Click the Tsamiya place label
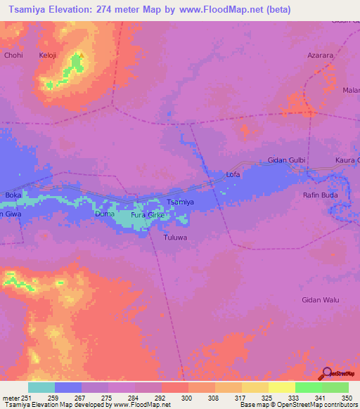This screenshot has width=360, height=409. pyautogui.click(x=179, y=202)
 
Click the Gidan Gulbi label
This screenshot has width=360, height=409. pyautogui.click(x=287, y=160)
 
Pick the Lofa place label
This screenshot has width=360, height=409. pyautogui.click(x=233, y=174)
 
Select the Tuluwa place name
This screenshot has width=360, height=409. pyautogui.click(x=167, y=237)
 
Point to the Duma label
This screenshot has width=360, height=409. pyautogui.click(x=104, y=213)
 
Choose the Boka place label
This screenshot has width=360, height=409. pyautogui.click(x=13, y=195)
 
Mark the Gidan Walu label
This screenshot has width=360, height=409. pyautogui.click(x=320, y=300)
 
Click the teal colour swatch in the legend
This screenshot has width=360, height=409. pyautogui.click(x=41, y=387)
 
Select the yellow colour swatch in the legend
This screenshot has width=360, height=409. pyautogui.click(x=282, y=387)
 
